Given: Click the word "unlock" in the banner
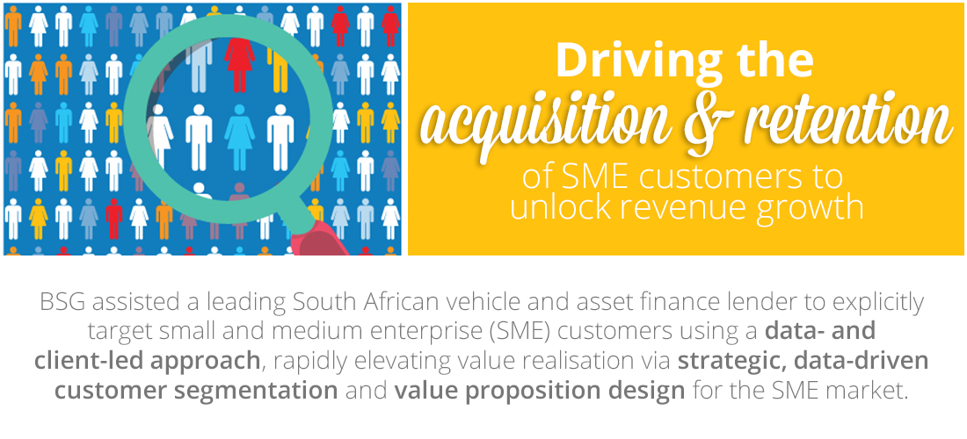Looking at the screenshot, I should tap(558, 207).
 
